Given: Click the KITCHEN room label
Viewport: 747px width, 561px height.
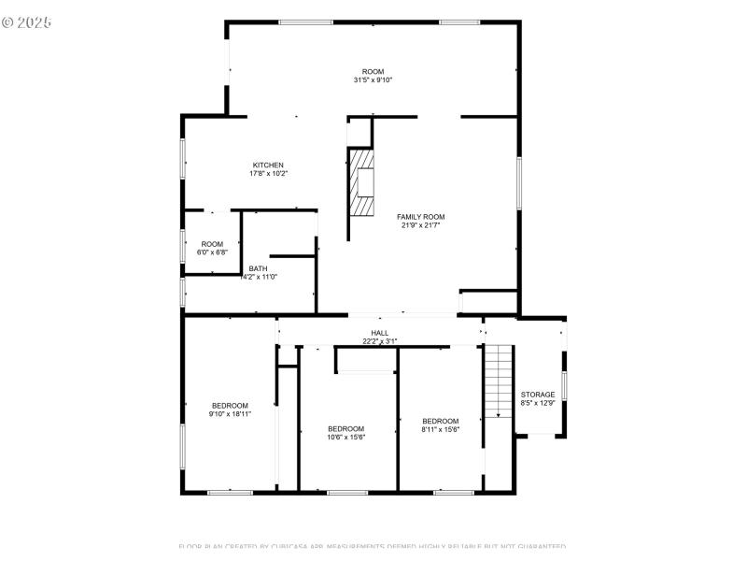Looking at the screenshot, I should [267, 165].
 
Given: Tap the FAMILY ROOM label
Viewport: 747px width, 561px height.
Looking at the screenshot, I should [420, 216].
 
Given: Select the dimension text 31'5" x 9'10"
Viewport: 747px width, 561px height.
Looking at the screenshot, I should [373, 80].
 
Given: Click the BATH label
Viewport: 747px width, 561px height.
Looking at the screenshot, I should [258, 268].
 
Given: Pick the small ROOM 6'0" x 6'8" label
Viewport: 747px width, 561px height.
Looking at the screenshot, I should [211, 244].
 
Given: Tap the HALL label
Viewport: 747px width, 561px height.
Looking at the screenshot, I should [379, 333].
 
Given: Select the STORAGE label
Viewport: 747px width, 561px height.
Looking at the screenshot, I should [538, 395].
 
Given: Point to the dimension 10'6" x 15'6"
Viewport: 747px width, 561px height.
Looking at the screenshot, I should [345, 437].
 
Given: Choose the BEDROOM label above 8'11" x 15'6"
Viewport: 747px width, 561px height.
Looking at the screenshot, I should [440, 421].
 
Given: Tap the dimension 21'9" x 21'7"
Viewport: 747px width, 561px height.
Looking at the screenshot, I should [420, 225].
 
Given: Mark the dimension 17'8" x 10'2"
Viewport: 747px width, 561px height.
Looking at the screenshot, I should [267, 174].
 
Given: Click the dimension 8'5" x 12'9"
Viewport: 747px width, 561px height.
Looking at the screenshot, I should [538, 403].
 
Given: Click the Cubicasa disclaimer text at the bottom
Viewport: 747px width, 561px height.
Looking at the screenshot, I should [372, 546].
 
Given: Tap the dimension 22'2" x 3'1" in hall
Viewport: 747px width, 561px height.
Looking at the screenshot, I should [379, 341].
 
